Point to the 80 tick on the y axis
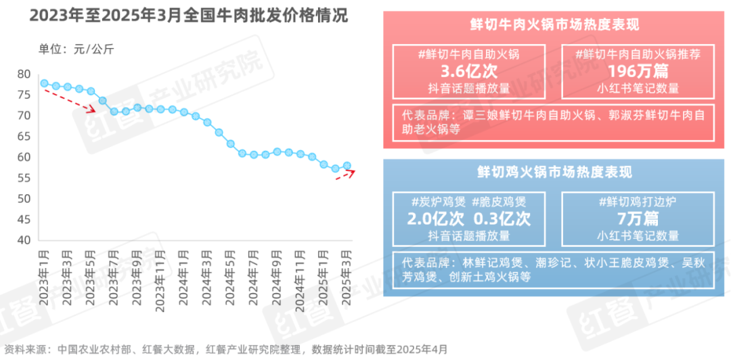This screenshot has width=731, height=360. point(24,74)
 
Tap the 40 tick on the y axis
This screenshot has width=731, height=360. point(24,240)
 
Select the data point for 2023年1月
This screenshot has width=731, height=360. point(44,84)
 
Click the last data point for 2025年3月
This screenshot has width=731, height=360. point(347,166)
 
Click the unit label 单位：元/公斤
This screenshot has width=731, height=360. point(76,49)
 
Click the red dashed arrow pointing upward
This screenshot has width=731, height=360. point(346,175)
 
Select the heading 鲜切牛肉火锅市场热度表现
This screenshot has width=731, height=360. point(554,25)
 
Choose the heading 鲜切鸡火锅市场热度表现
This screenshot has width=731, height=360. point(554,173)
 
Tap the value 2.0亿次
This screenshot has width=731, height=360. point(435,219)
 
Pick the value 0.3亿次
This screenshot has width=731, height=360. point(502,219)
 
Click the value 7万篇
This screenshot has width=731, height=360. point(638,219)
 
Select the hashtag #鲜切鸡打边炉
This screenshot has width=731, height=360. point(638,202)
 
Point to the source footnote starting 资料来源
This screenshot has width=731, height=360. point(224,349)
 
